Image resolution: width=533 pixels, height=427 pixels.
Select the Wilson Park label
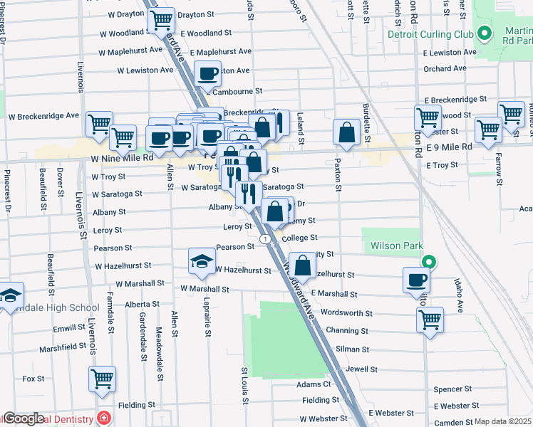point(390,246)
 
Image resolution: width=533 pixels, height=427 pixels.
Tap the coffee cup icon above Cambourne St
point(207,73)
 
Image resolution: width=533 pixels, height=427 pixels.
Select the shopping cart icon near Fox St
point(102,379)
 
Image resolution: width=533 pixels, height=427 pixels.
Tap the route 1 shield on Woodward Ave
point(265,239)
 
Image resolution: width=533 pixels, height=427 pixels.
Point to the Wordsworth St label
point(347,312)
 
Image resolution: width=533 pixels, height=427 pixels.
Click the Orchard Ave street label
point(445,69)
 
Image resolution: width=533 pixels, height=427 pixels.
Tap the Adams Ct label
point(314,384)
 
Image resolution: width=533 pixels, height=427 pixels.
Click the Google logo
point(24,418)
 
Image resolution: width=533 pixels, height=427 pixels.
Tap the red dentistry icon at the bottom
point(105,418)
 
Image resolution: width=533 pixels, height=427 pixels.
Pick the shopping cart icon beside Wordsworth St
point(430,320)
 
